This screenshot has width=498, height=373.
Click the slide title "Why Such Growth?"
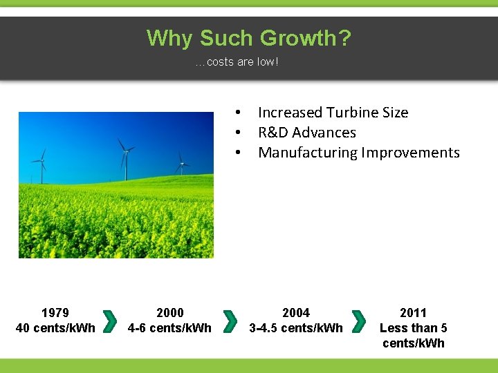pyautogui.click(x=248, y=38)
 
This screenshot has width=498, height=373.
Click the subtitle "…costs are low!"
pyautogui.click(x=237, y=62)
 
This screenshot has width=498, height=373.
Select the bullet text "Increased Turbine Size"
pyautogui.click(x=333, y=113)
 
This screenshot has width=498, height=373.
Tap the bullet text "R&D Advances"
pyautogui.click(x=306, y=133)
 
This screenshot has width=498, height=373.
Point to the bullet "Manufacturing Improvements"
pyautogui.click(x=358, y=153)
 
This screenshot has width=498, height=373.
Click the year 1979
pyautogui.click(x=55, y=313)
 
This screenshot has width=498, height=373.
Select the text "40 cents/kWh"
pyautogui.click(x=55, y=327)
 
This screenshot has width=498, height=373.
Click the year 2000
pyautogui.click(x=170, y=313)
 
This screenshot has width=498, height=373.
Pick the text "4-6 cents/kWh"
pyautogui.click(x=170, y=327)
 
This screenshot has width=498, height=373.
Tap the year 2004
pyautogui.click(x=296, y=313)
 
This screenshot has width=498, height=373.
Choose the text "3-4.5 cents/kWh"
pyautogui.click(x=296, y=327)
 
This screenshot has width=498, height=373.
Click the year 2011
pyautogui.click(x=414, y=313)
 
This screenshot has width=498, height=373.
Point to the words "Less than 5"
pyautogui.click(x=414, y=328)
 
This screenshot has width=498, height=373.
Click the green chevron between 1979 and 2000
pyautogui.click(x=109, y=321)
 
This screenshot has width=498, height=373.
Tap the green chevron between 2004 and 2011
pyautogui.click(x=358, y=321)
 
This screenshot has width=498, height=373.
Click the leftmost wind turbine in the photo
pyautogui.click(x=42, y=164)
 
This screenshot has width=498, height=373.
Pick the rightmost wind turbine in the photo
pyautogui.click(x=182, y=164)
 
